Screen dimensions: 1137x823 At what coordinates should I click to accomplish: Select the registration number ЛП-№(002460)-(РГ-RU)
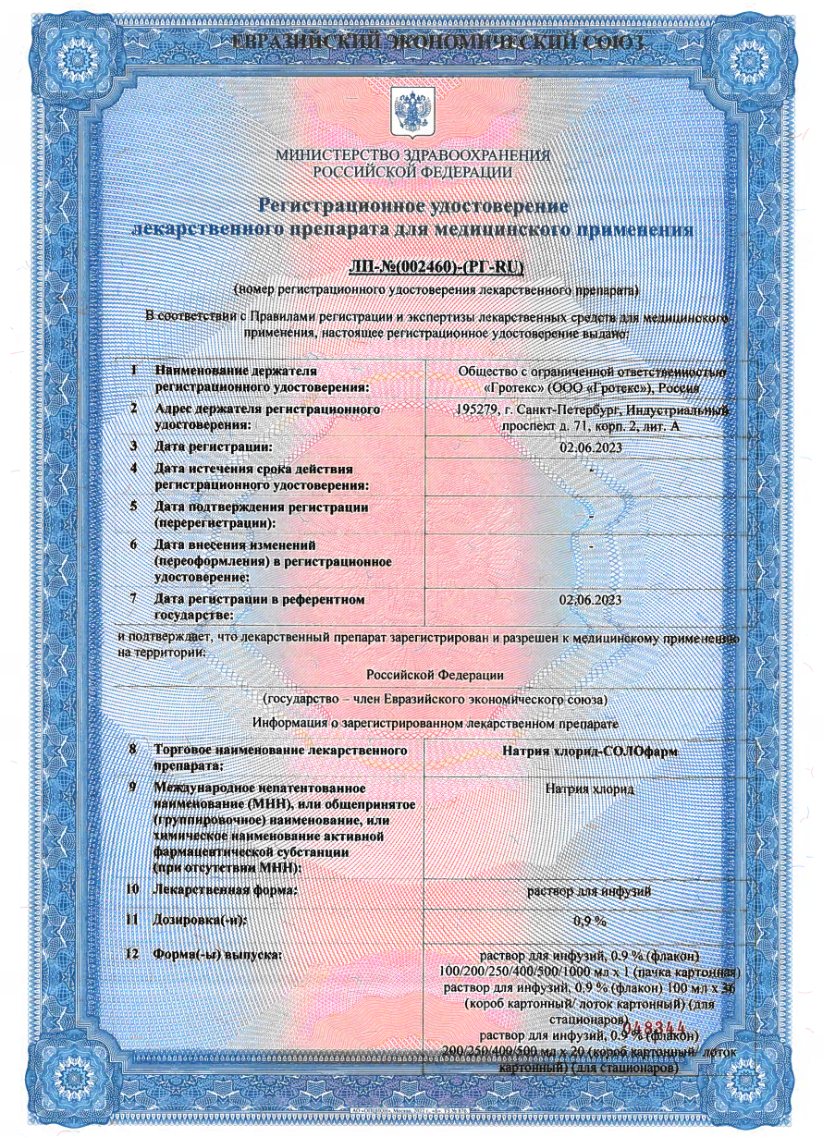[x=436, y=268]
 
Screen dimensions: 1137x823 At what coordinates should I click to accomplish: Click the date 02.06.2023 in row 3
[x=591, y=448]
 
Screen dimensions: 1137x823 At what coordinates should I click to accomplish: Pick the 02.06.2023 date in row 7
[x=591, y=601]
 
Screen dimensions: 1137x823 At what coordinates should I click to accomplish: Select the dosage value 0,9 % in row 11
[x=589, y=922]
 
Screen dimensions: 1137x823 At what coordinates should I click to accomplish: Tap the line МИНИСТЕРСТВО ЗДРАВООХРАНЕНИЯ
[x=412, y=155]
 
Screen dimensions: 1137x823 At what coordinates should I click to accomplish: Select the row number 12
[x=132, y=954]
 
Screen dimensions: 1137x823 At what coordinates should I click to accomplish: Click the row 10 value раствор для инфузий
[x=589, y=891]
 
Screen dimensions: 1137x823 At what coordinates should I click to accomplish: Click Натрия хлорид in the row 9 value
[x=589, y=790]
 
